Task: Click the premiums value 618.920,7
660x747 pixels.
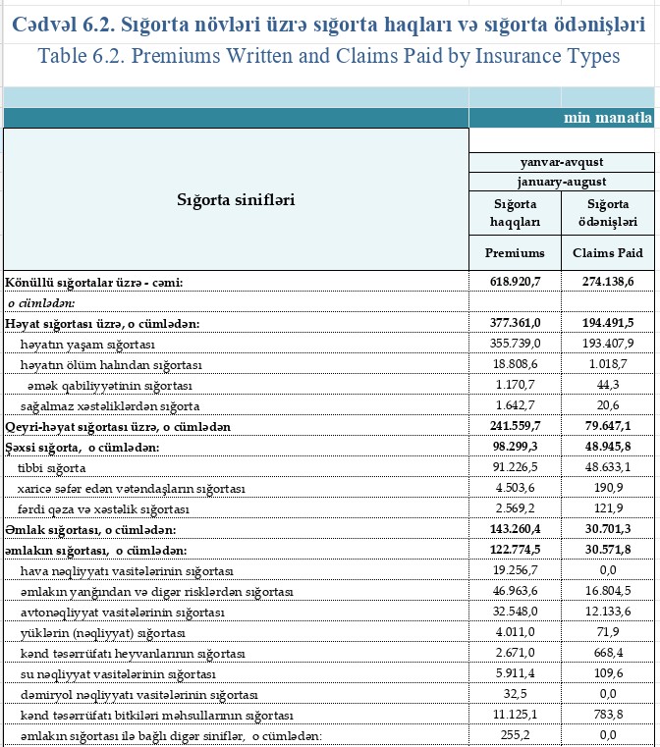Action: [x=516, y=283]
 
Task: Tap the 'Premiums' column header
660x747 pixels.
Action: [x=516, y=252]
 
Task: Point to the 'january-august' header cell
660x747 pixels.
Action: [x=562, y=182]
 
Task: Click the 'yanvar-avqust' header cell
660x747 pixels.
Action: [x=562, y=162]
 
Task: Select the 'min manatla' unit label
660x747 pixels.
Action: [x=607, y=118]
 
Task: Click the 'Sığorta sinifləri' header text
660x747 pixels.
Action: [x=236, y=199]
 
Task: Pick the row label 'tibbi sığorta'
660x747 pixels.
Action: [x=52, y=467]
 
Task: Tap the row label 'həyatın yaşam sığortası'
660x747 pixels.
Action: [x=87, y=344]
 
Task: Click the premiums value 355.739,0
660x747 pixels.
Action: [x=516, y=344]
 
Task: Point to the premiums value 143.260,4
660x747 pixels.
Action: [x=516, y=530]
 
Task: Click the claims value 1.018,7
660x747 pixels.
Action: [x=610, y=364]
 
